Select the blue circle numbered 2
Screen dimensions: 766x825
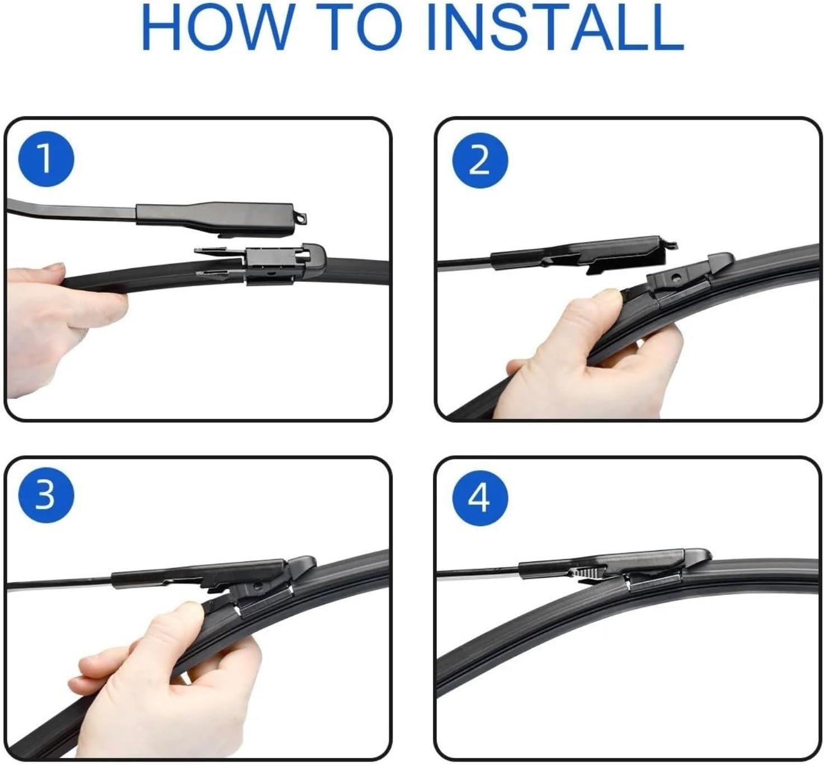pos(479,161)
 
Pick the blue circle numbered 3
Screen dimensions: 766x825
pos(46,494)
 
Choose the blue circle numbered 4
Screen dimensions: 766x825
pos(479,497)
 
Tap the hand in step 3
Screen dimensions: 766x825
pos(168,660)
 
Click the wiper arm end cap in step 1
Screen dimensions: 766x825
pos(224,215)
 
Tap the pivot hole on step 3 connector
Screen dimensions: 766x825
pos(257,587)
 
